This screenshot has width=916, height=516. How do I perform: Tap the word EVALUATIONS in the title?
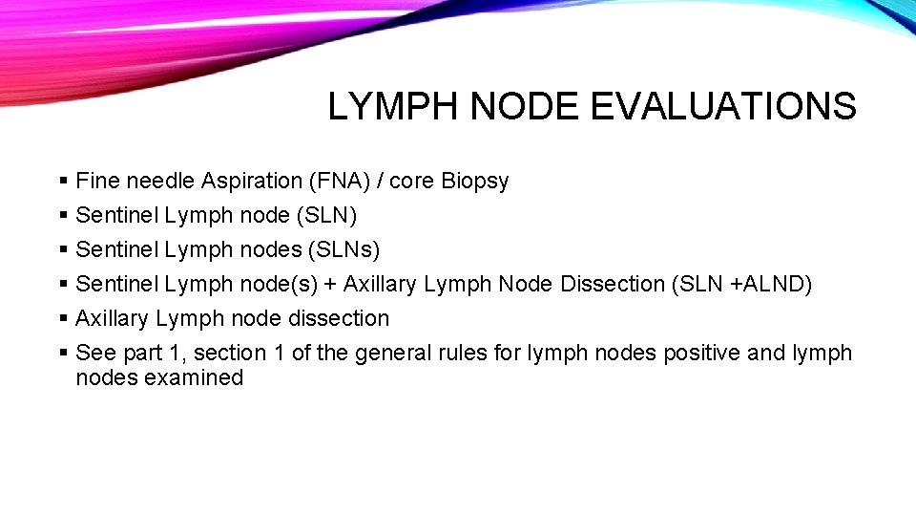[723, 106]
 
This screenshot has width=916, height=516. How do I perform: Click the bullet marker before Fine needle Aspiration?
[63, 181]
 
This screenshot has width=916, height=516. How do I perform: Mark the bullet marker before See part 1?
[63, 353]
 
